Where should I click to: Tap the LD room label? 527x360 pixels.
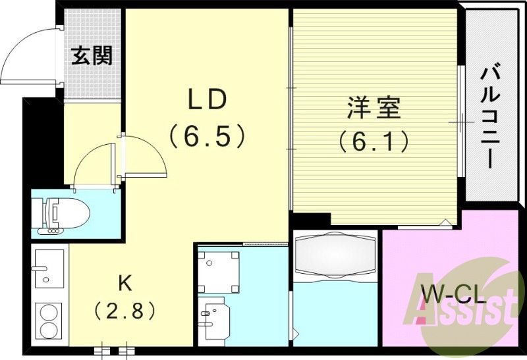pyautogui.click(x=208, y=99)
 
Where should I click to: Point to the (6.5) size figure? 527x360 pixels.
pyautogui.click(x=208, y=137)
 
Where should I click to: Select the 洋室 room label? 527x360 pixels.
pyautogui.click(x=374, y=108)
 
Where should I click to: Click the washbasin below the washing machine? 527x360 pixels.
pyautogui.click(x=215, y=319)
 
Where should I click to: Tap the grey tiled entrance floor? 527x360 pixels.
pyautogui.click(x=92, y=79)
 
